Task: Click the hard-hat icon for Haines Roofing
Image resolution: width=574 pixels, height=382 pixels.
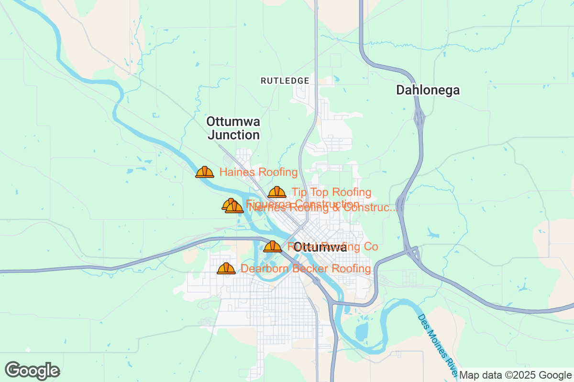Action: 205,172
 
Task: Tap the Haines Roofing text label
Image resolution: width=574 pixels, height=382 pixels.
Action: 258,172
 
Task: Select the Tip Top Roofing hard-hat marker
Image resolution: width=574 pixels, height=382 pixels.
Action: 277,192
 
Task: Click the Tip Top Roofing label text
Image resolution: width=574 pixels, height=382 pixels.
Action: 331,192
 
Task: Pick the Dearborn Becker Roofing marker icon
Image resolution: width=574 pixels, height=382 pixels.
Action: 226,268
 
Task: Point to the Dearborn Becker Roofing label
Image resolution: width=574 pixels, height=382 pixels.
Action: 306,269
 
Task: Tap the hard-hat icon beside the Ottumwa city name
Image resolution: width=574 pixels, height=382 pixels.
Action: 273,247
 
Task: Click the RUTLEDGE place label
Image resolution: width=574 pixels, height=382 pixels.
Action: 285,81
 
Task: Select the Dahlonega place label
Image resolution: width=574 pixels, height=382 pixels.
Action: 428,90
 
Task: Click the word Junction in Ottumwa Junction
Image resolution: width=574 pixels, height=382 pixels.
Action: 233,135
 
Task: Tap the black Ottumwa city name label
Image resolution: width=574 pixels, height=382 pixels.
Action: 320,247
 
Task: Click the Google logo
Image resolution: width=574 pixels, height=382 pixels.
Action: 32,371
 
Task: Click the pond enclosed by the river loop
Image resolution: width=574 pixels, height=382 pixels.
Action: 362,330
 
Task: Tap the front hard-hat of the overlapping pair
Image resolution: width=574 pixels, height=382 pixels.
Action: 234,207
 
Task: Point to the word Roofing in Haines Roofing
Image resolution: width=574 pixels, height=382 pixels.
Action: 278,172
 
